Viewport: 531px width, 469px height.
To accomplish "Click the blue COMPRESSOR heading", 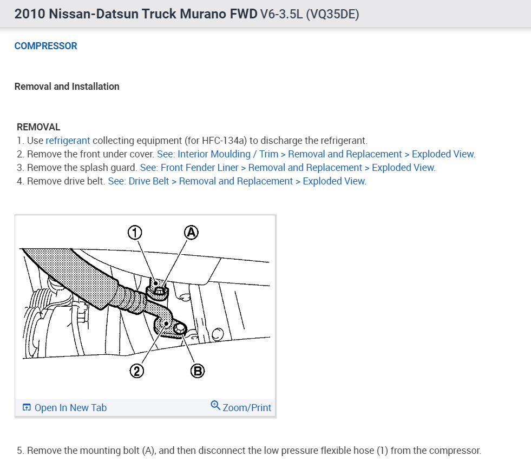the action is (x=45, y=45).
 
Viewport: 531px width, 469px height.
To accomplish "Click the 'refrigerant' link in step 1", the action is (x=68, y=141).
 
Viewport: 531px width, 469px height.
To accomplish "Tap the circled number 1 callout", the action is (x=135, y=233).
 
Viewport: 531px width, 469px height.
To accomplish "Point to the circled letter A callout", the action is (x=191, y=233).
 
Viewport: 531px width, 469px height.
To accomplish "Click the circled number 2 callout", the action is (x=137, y=371).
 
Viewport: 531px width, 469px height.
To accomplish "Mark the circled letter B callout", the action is (x=198, y=371).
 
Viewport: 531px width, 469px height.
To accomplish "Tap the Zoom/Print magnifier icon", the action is (x=215, y=405).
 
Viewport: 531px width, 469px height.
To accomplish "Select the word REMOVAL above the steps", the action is (x=38, y=127).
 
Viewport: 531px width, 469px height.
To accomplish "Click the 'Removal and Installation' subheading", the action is (x=67, y=87).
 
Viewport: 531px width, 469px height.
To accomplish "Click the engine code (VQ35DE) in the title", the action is (x=332, y=14).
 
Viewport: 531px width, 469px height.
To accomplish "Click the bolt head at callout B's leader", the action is (x=180, y=328).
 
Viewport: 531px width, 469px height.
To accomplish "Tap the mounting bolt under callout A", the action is (x=159, y=290).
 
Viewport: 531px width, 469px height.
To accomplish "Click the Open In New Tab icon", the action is (x=27, y=407).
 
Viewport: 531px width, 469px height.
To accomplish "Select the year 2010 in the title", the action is (x=30, y=14).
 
